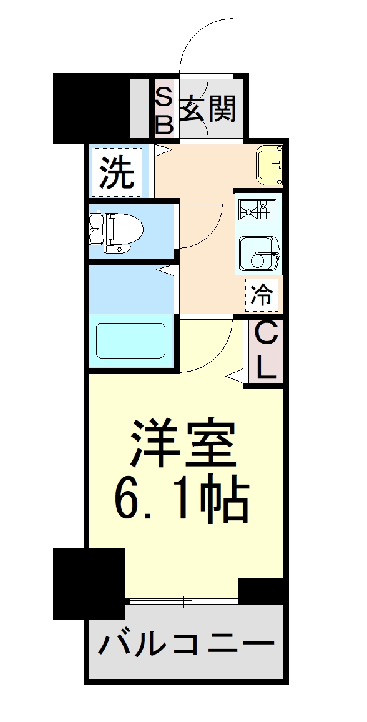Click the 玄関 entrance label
(208, 111)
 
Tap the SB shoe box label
(164, 111)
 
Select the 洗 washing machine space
(117, 172)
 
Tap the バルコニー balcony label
(186, 643)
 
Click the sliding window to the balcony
(182, 602)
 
